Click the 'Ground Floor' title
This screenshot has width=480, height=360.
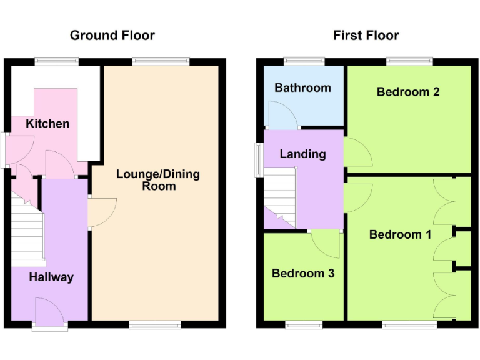click(x=112, y=35)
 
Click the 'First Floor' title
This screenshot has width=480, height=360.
click(x=366, y=35)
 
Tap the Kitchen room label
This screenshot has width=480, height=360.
click(x=47, y=124)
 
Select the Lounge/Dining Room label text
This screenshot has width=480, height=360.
click(x=158, y=180)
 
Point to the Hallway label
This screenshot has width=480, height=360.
click(x=51, y=277)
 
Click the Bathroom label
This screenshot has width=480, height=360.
click(x=303, y=87)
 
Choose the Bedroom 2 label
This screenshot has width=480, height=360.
click(x=408, y=92)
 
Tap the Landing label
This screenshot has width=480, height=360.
click(x=303, y=154)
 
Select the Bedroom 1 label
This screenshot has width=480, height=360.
click(x=400, y=234)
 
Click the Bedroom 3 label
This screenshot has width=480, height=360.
click(x=303, y=274)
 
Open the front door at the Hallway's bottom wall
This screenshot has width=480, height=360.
click(x=50, y=312)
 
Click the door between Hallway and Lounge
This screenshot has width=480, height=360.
click(x=101, y=212)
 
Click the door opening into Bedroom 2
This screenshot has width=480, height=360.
click(x=358, y=152)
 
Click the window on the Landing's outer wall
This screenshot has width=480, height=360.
click(x=258, y=159)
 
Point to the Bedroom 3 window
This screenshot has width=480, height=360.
click(x=304, y=324)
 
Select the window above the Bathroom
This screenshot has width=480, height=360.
click(x=304, y=61)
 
